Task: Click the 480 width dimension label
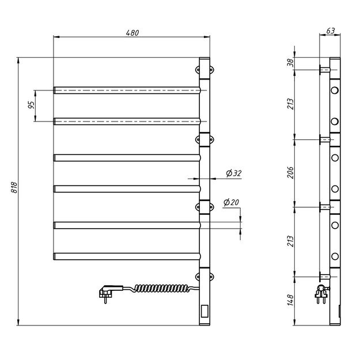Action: (x=132, y=33)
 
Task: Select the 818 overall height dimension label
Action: (x=14, y=187)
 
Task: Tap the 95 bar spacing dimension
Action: (x=31, y=105)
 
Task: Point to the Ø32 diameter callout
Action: (x=234, y=173)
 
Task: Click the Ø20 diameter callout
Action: (x=231, y=202)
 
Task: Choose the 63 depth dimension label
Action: (x=331, y=31)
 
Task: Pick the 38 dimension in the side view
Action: (x=290, y=62)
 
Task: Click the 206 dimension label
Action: (x=290, y=173)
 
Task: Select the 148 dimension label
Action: (x=290, y=300)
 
